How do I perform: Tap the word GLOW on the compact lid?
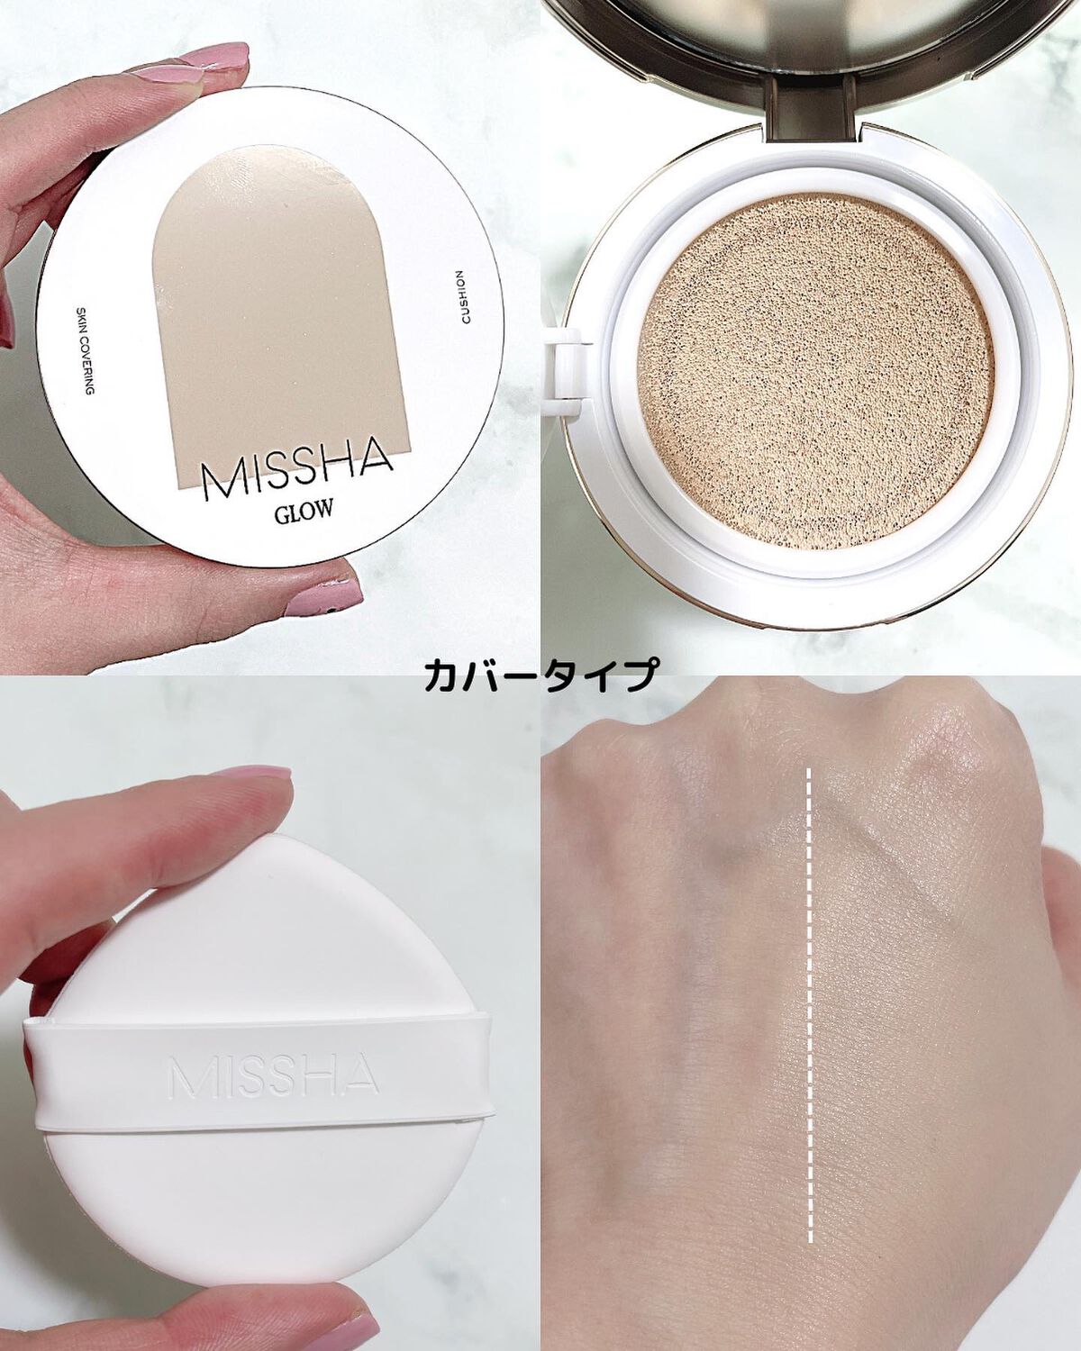coord(304,511)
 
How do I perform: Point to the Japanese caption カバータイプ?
coord(540,674)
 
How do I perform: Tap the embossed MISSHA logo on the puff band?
coord(272,1076)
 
